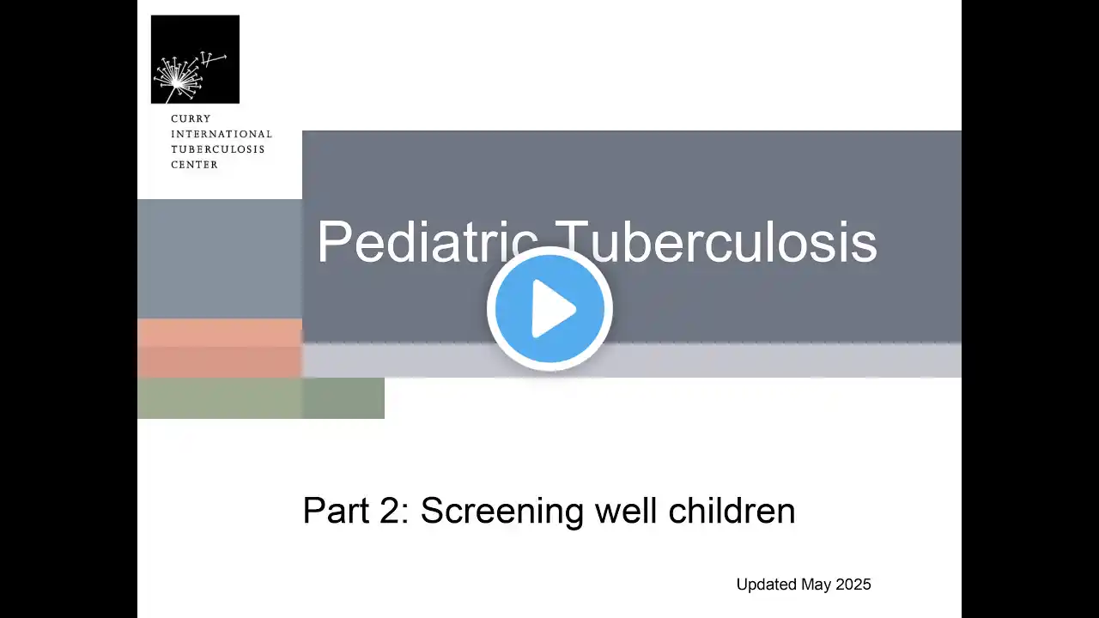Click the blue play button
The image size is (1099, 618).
point(549,308)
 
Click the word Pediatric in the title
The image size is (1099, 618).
point(428,243)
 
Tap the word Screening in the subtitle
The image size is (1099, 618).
point(502,510)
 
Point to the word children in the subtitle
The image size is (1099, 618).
point(732,510)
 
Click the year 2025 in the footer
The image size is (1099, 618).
point(853,585)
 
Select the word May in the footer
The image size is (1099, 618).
point(817,585)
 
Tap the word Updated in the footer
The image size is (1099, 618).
point(767,585)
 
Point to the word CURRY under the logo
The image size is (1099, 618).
point(191,118)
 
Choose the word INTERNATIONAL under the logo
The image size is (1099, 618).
point(222,134)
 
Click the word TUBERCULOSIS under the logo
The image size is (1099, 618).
point(218,149)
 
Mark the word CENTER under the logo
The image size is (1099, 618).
point(194,165)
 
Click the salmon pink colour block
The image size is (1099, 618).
point(220,348)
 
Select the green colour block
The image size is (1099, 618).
point(261,397)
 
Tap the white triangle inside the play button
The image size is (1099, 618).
point(554,309)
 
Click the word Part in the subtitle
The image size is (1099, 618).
point(336,510)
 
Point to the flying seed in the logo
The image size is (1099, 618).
point(213,60)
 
